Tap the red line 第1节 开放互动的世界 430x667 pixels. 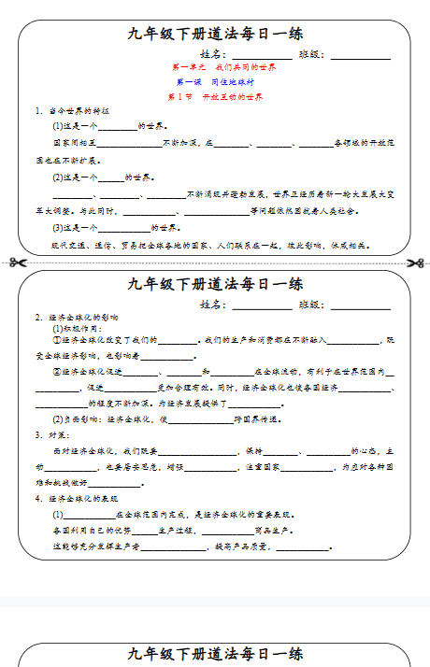pyautogui.click(x=215, y=97)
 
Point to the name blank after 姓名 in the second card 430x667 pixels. pyautogui.click(x=261, y=305)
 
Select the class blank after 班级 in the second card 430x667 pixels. pyautogui.click(x=361, y=305)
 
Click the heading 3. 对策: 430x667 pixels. pyautogui.click(x=52, y=434)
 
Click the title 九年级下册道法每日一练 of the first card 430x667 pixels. pyautogui.click(x=215, y=35)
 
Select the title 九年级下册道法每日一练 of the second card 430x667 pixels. pyautogui.click(x=215, y=285)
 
